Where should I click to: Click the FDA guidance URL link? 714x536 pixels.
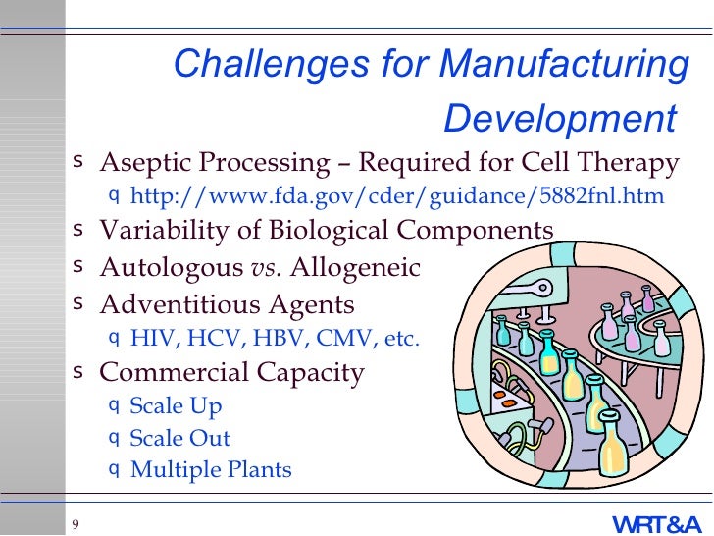396,196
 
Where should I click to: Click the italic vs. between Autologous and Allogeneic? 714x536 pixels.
264,267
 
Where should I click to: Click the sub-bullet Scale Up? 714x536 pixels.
176,406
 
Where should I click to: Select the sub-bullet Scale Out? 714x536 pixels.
179,438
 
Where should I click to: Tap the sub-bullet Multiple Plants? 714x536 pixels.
211,470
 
